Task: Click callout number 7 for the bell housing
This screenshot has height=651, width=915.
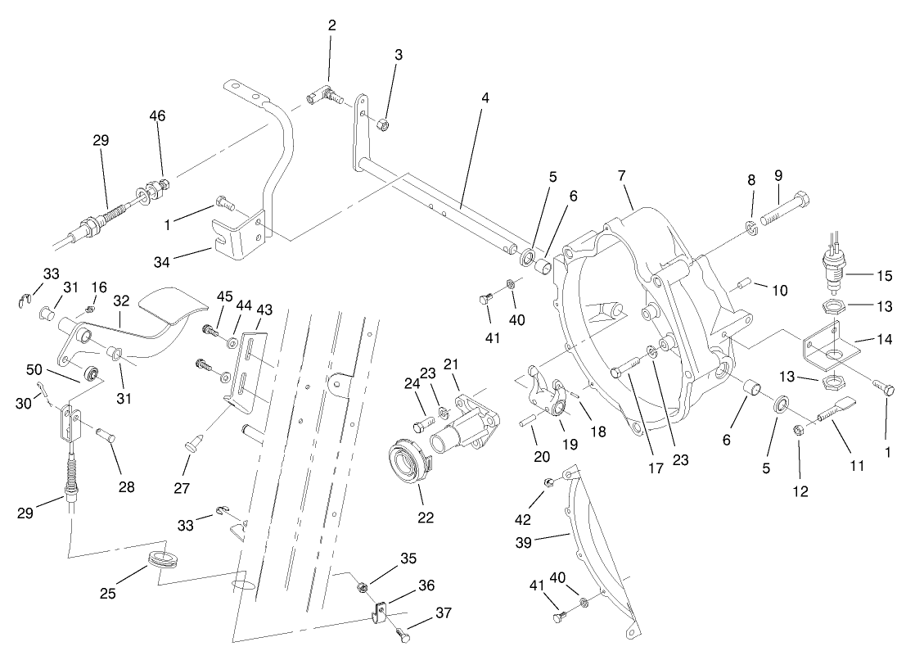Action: (x=621, y=175)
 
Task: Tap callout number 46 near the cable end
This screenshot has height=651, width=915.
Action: (x=157, y=115)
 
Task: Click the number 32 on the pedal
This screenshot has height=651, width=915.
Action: (x=122, y=300)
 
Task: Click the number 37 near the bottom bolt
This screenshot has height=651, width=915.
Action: (x=444, y=613)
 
